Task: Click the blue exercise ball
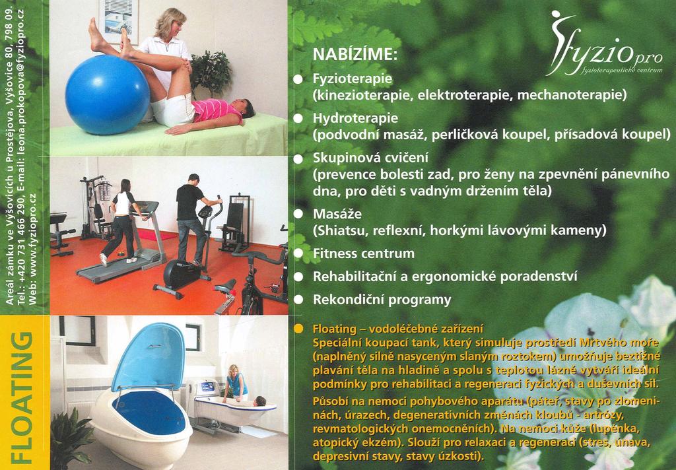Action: tap(108, 94)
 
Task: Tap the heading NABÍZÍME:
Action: tap(355, 55)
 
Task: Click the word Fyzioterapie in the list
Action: tap(353, 79)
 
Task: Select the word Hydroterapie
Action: tap(356, 119)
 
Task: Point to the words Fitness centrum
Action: tap(364, 253)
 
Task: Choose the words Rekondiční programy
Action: tap(382, 300)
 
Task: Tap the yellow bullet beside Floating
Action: tap(298, 329)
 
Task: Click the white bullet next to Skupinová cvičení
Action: tap(298, 158)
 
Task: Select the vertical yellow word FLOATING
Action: tap(22, 397)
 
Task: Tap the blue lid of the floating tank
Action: tap(149, 356)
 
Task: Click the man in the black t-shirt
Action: tap(193, 218)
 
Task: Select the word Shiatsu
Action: tap(340, 230)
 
